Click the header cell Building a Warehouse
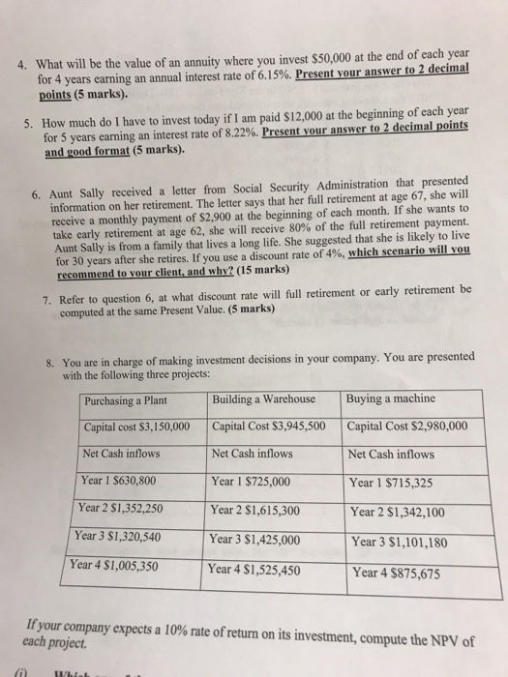click(x=263, y=398)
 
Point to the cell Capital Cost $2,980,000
click(x=407, y=427)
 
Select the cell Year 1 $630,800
click(x=119, y=480)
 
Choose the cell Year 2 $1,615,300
click(x=256, y=509)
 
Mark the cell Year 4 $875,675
click(x=395, y=572)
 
